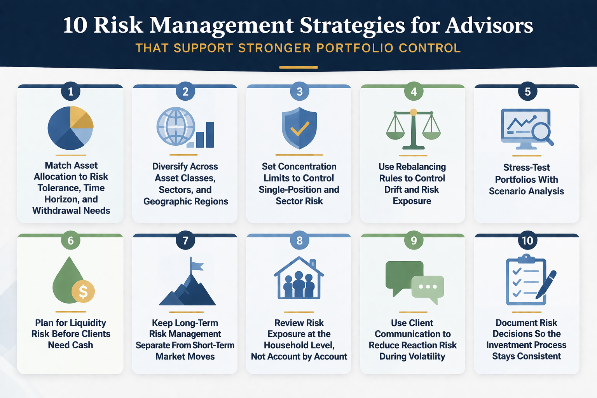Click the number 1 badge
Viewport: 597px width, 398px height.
(70, 92)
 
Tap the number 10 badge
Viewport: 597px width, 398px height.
(527, 241)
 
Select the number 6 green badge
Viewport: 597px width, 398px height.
(70, 241)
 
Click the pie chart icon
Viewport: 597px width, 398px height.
(70, 128)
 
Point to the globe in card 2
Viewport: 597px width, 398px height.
(176, 126)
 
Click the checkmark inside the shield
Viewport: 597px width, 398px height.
(300, 129)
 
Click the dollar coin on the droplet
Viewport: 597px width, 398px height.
(83, 291)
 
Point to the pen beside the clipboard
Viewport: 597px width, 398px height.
(547, 285)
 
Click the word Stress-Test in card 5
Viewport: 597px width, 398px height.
(526, 168)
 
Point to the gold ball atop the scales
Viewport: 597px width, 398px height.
(414, 112)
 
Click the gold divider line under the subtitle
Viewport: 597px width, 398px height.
(298, 67)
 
